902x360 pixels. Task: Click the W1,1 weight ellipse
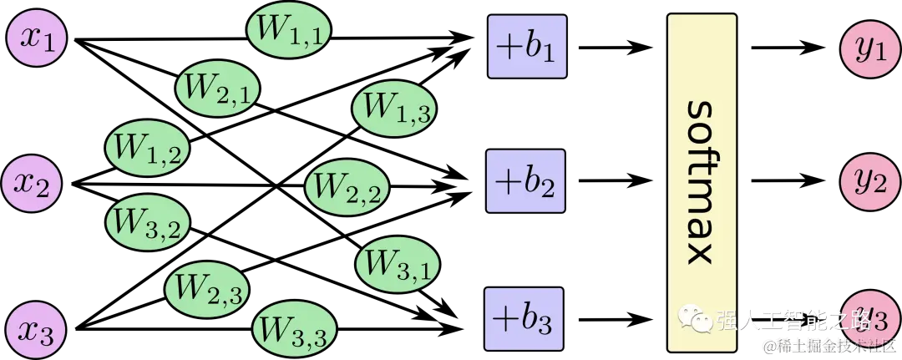(x=289, y=31)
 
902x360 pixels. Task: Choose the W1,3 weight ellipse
(x=395, y=107)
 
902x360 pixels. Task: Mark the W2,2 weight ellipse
(x=347, y=187)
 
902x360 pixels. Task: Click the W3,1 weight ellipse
(x=398, y=265)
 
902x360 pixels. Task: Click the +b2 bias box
(x=526, y=180)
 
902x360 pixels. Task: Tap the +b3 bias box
(x=524, y=317)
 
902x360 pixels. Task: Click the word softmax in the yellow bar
(x=702, y=182)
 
